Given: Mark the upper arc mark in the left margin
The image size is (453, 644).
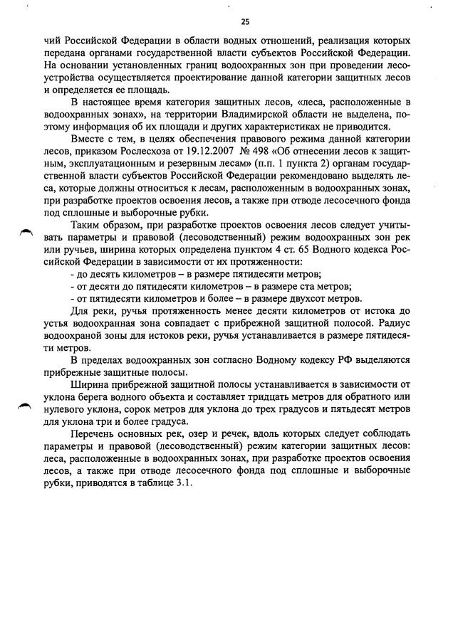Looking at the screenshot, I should pos(26,231).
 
